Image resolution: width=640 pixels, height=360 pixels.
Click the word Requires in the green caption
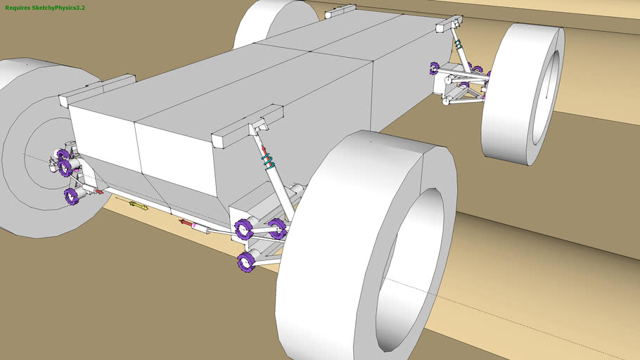(18, 8)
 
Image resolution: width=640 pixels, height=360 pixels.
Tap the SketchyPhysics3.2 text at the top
(58, 8)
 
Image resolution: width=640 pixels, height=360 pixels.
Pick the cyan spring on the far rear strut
(459, 44)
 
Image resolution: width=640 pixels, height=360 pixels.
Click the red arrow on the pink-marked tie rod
(186, 222)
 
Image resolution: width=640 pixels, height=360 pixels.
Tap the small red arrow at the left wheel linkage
(98, 191)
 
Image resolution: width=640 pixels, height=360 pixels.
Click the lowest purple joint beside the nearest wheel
(246, 262)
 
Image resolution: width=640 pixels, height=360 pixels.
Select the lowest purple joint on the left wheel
(72, 196)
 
